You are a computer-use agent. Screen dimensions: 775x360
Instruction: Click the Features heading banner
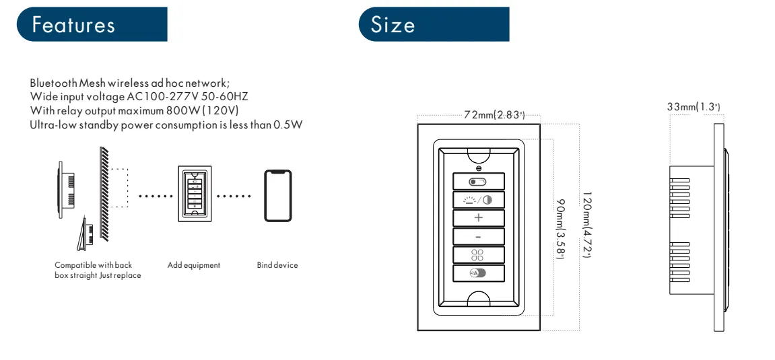(92, 24)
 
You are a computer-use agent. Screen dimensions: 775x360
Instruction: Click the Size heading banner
(434, 24)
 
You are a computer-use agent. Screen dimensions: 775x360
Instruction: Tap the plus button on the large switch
(479, 218)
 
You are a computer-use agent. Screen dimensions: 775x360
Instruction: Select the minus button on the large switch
(479, 237)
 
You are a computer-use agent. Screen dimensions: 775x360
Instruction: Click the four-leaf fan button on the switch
(479, 255)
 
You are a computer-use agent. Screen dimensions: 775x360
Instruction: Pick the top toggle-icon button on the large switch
(479, 181)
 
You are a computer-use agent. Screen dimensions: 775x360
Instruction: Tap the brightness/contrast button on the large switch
(479, 199)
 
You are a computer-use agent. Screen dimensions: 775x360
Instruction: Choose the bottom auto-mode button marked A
(479, 273)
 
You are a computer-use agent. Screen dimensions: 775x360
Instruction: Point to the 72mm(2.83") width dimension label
(494, 115)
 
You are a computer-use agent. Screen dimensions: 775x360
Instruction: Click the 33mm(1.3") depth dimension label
(693, 107)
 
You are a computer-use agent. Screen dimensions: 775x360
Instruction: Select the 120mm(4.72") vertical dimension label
(586, 225)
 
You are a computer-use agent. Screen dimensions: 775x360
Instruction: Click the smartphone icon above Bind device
(278, 196)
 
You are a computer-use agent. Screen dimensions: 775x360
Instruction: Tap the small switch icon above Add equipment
(195, 193)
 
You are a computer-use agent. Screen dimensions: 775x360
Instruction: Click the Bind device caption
(277, 265)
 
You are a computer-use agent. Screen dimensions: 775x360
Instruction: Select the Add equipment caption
(194, 265)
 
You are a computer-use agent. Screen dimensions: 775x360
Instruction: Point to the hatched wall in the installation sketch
(104, 194)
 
